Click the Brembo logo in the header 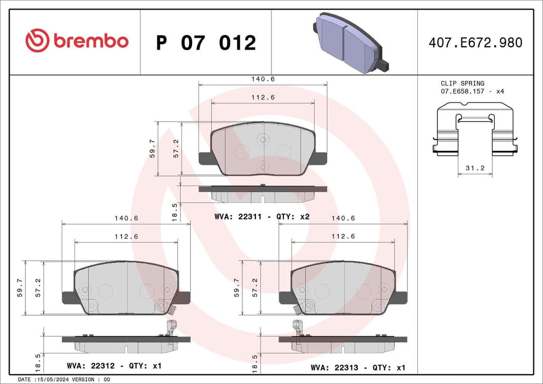tap(77, 41)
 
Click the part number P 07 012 tap(206, 43)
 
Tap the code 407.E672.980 tap(475, 43)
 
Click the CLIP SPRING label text tap(462, 83)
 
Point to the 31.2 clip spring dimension tap(475, 168)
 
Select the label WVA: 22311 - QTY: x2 tap(261, 217)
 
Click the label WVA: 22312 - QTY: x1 tap(114, 366)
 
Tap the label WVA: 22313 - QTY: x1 tap(357, 368)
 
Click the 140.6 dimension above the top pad tap(263, 79)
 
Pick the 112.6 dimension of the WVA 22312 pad tap(126, 236)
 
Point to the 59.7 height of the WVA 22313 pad tap(236, 288)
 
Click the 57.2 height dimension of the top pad tap(176, 149)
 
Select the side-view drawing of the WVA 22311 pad tap(262, 193)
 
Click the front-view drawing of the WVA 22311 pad tap(262, 149)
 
